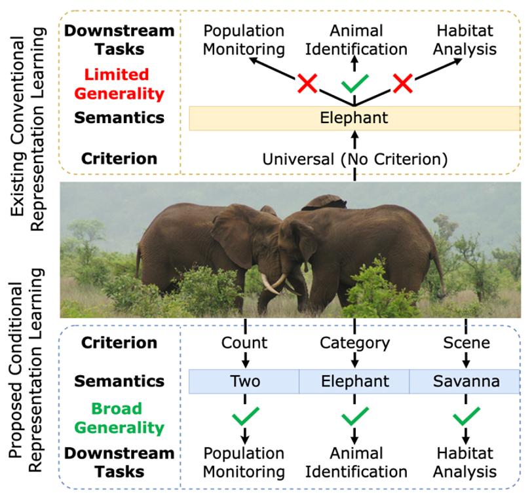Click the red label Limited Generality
119,84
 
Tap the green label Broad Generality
119,418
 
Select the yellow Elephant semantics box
354,118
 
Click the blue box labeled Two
244,381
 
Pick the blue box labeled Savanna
465,381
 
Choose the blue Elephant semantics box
354,381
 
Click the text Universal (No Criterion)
355,159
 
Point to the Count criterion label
244,342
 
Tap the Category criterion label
355,343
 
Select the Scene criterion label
466,342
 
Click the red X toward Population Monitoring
307,83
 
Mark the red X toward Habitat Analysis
403,83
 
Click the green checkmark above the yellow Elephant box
355,83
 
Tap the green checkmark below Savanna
466,416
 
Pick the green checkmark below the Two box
246,416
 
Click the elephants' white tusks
275,284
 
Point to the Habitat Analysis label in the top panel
465,40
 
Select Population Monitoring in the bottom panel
244,462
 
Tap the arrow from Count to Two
245,360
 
